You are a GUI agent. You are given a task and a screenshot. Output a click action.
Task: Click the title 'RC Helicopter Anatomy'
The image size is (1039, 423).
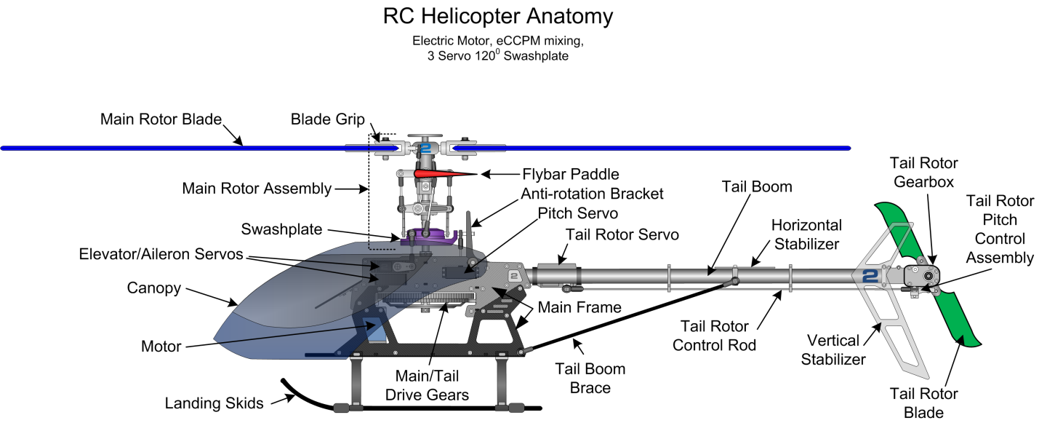coord(498,16)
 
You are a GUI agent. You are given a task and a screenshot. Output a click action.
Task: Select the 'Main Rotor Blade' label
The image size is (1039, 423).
coord(161,119)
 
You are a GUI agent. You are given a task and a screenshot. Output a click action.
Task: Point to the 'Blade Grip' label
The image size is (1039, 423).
coord(328,119)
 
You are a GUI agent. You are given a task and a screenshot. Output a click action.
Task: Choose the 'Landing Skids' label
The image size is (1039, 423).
coord(214,403)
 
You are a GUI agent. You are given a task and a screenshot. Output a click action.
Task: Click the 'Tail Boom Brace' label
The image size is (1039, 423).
coord(590,379)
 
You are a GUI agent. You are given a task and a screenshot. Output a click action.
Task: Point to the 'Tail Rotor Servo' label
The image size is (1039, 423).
coord(622,234)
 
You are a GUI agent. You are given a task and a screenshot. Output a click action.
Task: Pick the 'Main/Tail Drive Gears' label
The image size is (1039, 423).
coord(432,386)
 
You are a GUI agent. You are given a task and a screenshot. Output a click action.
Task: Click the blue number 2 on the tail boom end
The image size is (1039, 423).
coord(871,276)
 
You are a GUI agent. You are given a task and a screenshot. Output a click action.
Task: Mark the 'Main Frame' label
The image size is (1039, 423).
coord(579,308)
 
